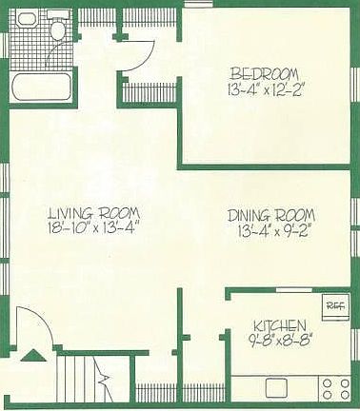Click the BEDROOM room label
pos(264,74)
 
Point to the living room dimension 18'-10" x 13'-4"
pos(95,228)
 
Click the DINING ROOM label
pos(271,214)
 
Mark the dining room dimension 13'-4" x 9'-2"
pos(270,229)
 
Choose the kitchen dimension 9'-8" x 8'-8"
pos(279,338)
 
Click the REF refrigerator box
pos(334,305)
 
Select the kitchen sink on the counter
pos(277,387)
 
